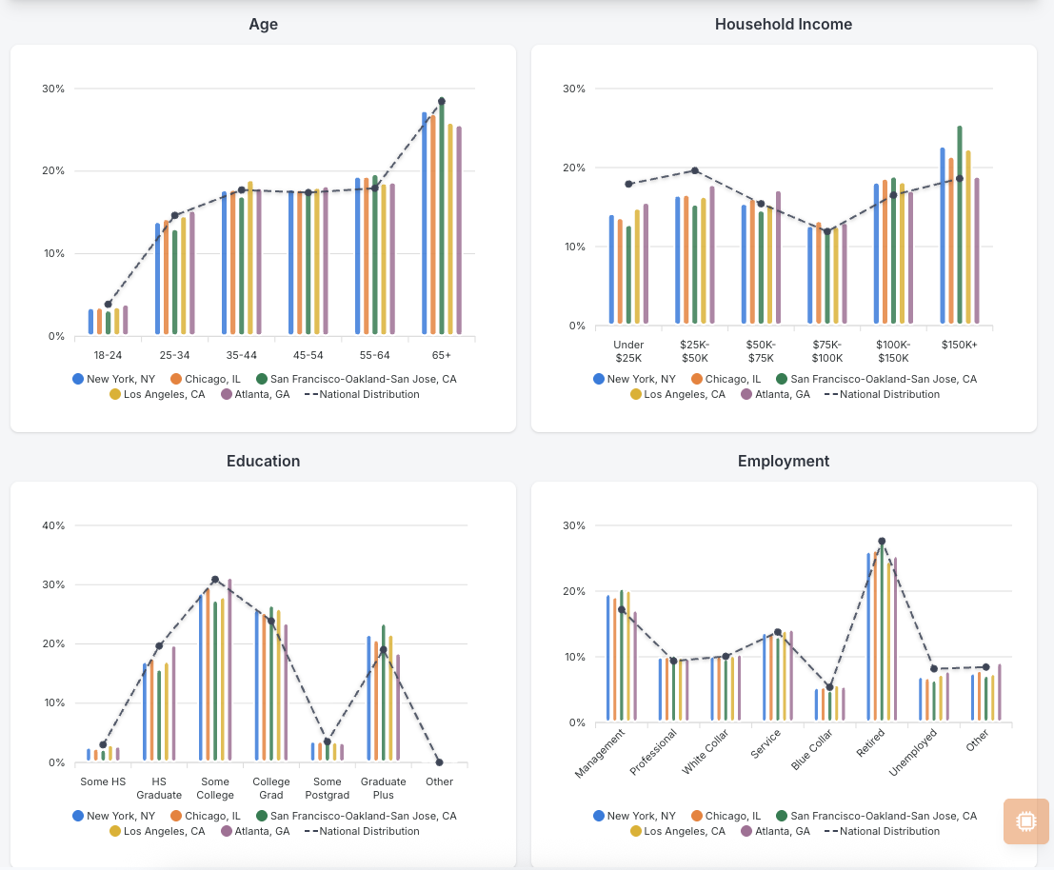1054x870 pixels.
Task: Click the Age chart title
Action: [263, 24]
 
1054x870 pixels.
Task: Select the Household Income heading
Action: [783, 24]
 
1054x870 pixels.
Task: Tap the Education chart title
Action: [263, 461]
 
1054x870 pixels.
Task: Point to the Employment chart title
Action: [783, 461]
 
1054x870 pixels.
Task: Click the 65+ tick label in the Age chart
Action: [441, 355]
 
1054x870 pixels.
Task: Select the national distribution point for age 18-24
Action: [109, 305]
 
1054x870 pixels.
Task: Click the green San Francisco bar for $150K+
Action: [959, 225]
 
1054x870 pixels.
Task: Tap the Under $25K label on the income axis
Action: [628, 351]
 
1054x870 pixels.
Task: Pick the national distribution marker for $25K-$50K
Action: [695, 170]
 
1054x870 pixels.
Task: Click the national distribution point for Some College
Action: [215, 579]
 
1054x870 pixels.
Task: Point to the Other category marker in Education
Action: [439, 762]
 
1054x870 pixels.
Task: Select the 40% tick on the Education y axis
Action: [53, 525]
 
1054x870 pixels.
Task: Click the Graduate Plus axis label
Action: [383, 788]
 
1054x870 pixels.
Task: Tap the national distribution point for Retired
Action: [882, 542]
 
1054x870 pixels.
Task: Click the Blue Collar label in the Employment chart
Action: [812, 749]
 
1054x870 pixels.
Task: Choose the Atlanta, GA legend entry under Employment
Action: [776, 831]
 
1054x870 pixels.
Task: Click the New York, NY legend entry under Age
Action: [113, 379]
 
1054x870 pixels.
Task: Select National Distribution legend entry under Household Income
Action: [882, 394]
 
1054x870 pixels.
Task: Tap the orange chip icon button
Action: [1025, 821]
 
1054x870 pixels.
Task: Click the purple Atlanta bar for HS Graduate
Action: [173, 703]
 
